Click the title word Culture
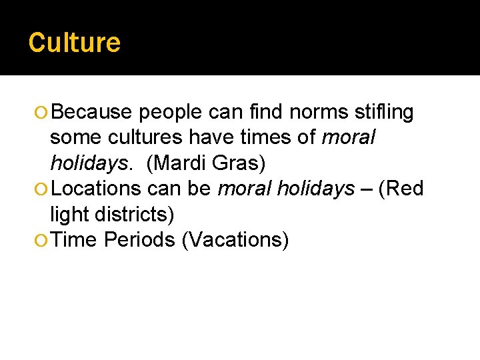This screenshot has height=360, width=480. coord(75,43)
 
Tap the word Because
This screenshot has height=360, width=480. coord(91,113)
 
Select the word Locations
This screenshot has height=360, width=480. coord(96,189)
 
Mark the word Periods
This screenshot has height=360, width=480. coord(139,239)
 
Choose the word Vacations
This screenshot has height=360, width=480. coord(235,239)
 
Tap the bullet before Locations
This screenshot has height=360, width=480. coord(43,189)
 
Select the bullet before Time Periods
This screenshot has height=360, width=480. coord(43,240)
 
